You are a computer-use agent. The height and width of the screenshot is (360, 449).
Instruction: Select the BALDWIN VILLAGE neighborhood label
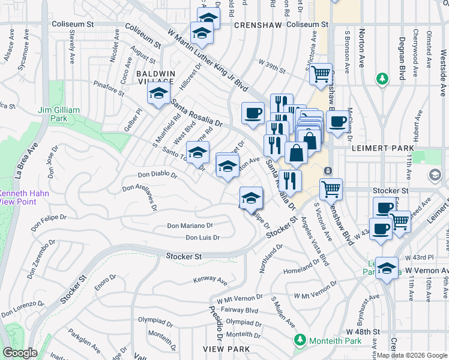(155, 77)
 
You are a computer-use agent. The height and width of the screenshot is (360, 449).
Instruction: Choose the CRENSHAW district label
(258, 25)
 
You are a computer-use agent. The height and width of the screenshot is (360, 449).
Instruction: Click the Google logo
(20, 353)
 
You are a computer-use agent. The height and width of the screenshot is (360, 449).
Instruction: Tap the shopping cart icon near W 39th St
(321, 74)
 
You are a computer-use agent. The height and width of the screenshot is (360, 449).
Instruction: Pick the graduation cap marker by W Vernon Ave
(387, 269)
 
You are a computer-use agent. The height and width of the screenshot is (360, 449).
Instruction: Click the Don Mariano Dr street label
(190, 226)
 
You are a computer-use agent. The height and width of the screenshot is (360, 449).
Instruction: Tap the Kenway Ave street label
(210, 280)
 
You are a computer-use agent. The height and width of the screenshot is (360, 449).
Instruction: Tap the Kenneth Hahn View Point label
(22, 197)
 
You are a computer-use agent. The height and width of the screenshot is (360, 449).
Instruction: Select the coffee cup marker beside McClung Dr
(337, 120)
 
